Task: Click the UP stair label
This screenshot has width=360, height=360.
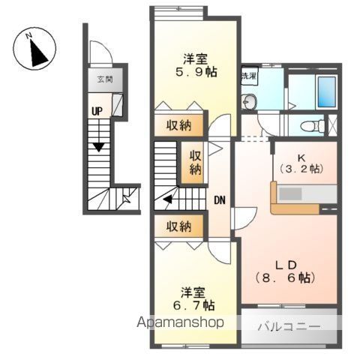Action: click(x=97, y=111)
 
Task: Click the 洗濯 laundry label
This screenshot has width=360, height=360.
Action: click(x=249, y=76)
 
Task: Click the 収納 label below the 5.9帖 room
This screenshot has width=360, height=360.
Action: click(x=178, y=124)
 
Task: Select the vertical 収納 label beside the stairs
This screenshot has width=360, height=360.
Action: click(x=195, y=162)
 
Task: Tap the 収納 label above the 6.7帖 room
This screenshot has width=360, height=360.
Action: click(x=178, y=225)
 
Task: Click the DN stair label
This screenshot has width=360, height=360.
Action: click(x=220, y=200)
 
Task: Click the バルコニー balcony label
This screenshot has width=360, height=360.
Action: click(x=290, y=327)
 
